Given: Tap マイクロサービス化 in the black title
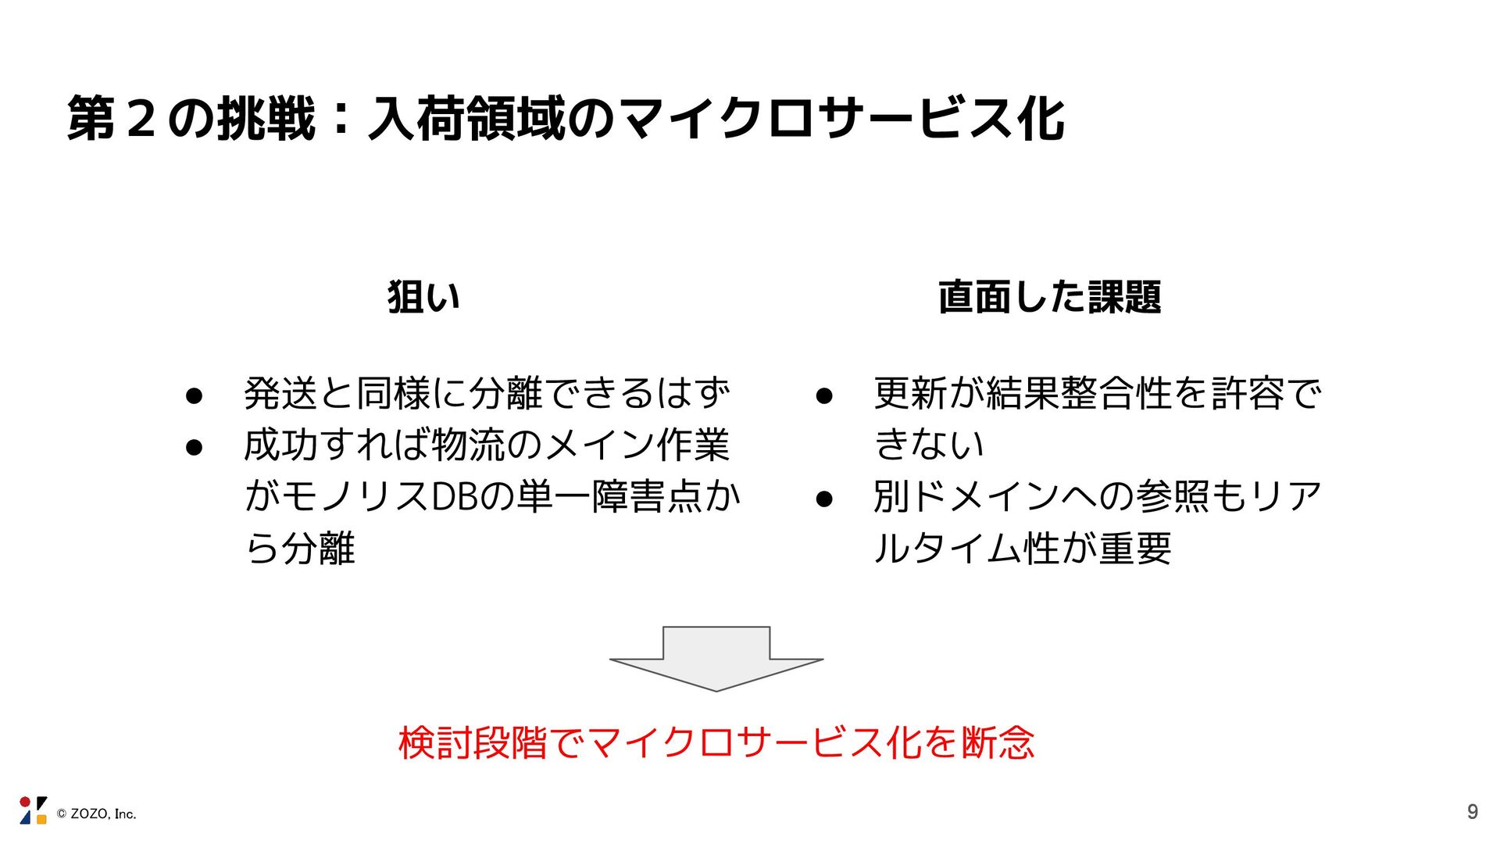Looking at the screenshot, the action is tap(844, 120).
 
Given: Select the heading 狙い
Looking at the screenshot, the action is tap(423, 298).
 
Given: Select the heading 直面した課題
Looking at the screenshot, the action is tap(1049, 298).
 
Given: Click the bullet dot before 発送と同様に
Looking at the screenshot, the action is tap(195, 396).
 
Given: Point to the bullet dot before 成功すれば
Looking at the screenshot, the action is tap(195, 448).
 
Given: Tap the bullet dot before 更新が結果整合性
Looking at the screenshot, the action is tap(824, 396).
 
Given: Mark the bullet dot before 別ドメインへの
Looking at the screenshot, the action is tap(824, 499).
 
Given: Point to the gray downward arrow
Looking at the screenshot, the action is tap(716, 658).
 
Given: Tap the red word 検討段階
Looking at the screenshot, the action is tap(473, 742).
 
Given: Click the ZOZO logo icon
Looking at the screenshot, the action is tap(33, 810).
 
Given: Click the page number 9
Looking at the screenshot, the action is tap(1473, 812).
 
